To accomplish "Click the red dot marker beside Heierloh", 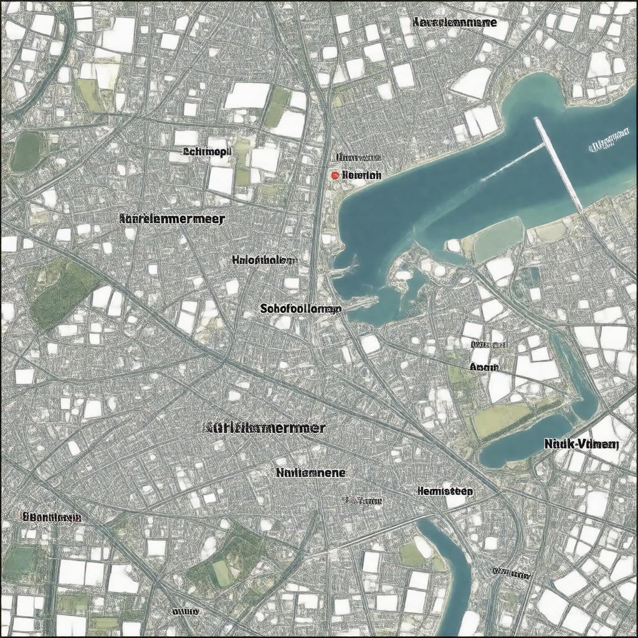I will coord(335,176).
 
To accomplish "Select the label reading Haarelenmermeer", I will coord(172,219).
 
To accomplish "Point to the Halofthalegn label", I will coord(264,260).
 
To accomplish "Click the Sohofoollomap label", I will coord(300,308).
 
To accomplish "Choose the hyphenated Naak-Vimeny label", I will coord(581,444).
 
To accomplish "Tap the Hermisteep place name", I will coord(445,491).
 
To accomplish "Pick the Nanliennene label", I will coord(310,473).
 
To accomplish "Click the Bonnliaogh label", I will coord(51,517).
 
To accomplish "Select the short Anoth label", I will coord(485,367).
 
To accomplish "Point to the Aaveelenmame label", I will coord(455,22).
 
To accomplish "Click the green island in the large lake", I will coord(498,239).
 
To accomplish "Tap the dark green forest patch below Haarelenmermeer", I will coord(62,293).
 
